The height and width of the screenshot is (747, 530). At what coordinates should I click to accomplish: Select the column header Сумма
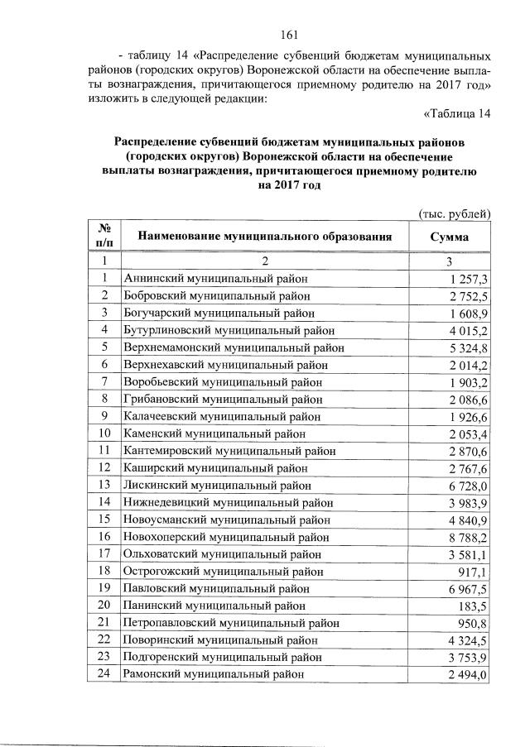click(x=450, y=237)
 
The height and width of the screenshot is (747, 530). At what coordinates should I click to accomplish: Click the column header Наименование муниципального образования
click(x=264, y=237)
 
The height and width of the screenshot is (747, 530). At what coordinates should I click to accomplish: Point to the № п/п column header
click(x=105, y=236)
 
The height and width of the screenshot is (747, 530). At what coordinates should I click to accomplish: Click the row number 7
click(x=105, y=382)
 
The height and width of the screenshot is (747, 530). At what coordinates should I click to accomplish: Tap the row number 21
click(x=105, y=622)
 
